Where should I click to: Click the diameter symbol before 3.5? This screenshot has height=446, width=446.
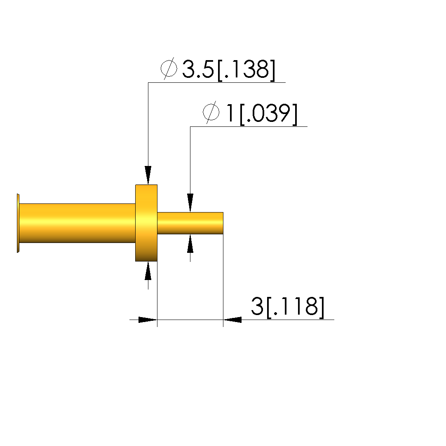pyautogui.click(x=169, y=68)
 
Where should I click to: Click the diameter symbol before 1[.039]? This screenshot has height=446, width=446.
pyautogui.click(x=211, y=112)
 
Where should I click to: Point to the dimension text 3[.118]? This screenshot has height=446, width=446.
pyautogui.click(x=287, y=307)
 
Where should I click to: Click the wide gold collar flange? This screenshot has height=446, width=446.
pyautogui.click(x=146, y=223)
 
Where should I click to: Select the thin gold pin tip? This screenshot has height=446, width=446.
pyautogui.click(x=190, y=223)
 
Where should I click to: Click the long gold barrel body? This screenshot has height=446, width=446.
pyautogui.click(x=77, y=223)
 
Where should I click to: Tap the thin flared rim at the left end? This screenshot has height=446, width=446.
pyautogui.click(x=18, y=223)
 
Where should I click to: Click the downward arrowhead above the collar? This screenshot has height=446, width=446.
pyautogui.click(x=148, y=175)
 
